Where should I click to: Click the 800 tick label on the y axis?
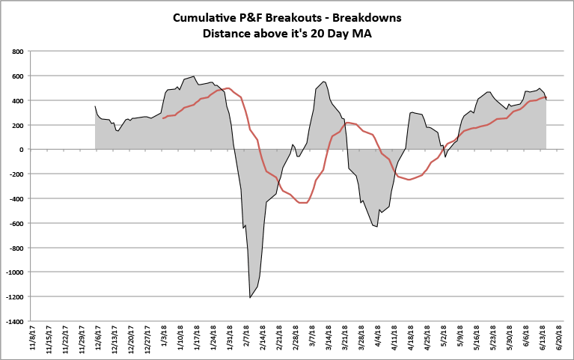16,52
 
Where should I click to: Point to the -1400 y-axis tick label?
13,321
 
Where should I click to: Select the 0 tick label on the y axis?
21,150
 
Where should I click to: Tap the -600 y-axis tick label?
15,223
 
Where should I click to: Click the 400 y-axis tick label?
16,100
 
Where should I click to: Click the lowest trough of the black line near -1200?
250,298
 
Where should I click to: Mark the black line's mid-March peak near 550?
323,82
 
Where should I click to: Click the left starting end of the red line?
163,118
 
